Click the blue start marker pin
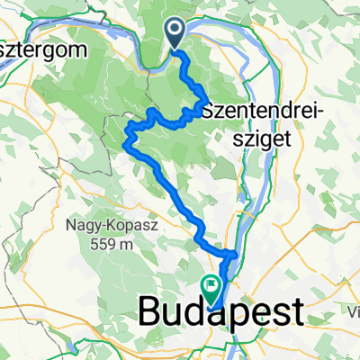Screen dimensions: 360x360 [x=175, y=34]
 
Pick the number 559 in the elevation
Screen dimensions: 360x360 [x=106, y=243]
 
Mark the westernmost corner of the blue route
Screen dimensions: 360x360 [x=124, y=140]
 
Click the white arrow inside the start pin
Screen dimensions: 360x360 [x=175, y=31]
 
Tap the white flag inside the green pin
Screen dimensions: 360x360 [x=211, y=287]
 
